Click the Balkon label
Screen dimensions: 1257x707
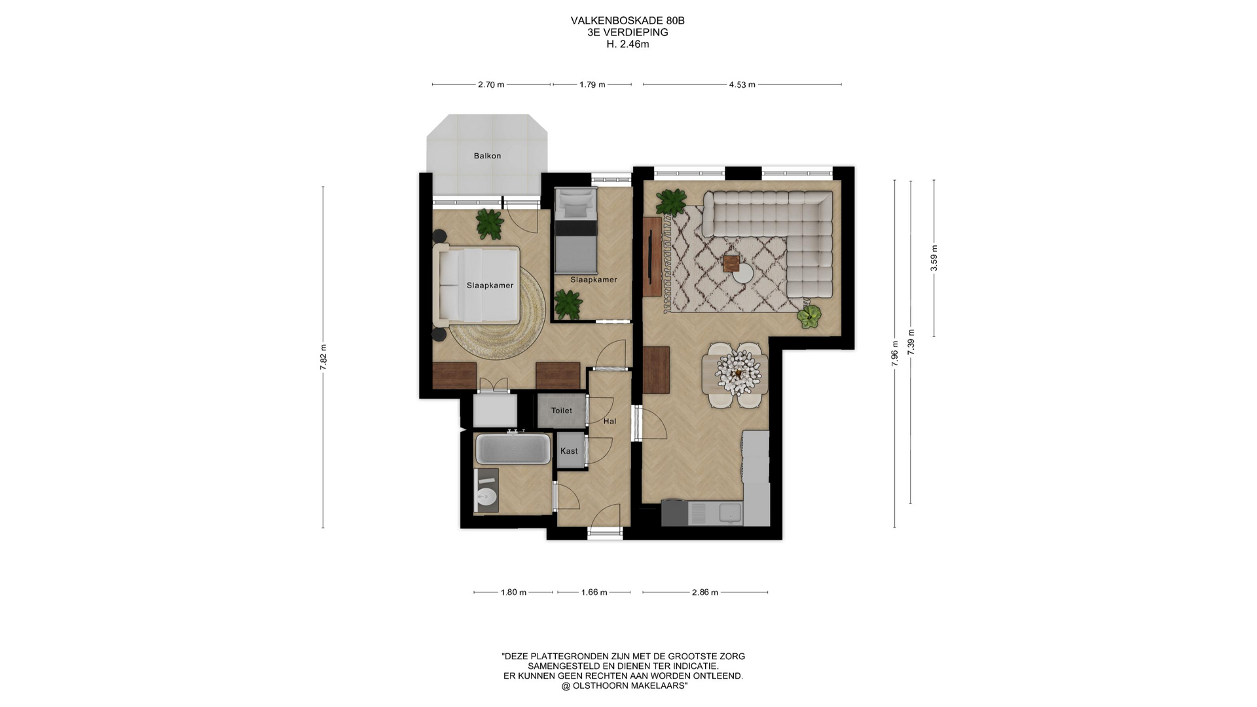coord(487,156)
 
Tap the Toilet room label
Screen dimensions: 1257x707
coord(562,410)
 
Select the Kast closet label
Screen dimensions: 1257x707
coord(569,451)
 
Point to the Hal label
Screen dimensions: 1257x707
coord(610,422)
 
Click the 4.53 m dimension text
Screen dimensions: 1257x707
coord(742,84)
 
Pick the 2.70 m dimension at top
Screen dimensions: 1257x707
coord(491,84)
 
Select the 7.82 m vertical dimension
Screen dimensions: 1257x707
coord(323,357)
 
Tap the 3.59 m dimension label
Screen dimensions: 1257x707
coord(934,258)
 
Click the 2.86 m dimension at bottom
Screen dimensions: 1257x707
coord(705,592)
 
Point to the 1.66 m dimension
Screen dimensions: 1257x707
coord(594,592)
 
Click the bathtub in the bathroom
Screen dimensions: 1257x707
coord(513,448)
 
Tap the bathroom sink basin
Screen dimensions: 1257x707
coord(486,496)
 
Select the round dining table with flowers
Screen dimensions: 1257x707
coord(736,374)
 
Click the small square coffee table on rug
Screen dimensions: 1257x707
coord(731,263)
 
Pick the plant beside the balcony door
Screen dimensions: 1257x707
coord(490,224)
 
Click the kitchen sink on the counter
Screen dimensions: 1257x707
coord(730,513)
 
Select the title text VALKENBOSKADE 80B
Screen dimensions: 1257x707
coord(628,21)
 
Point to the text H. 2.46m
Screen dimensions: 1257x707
coord(628,45)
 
